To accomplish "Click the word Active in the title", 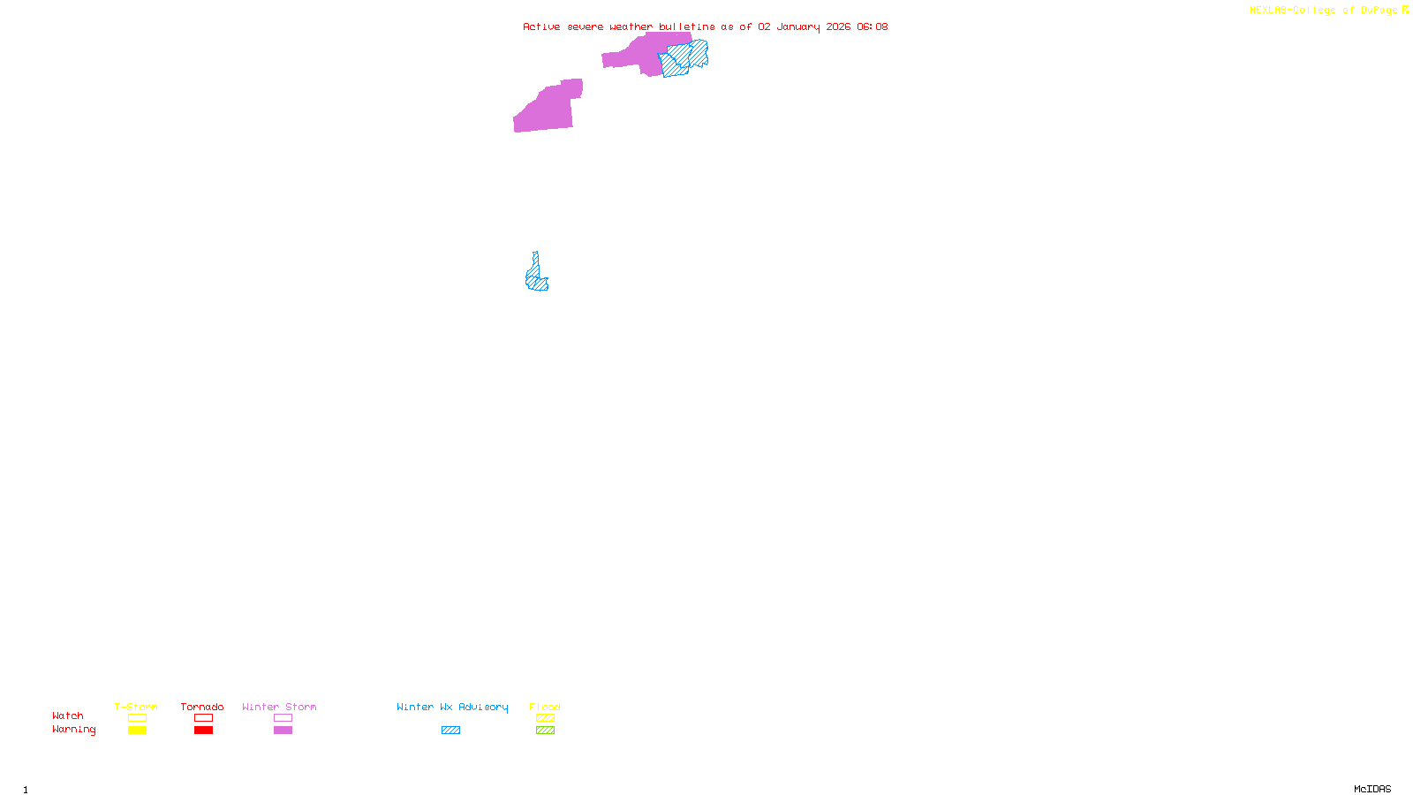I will coord(541,26).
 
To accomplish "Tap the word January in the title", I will coord(797,26).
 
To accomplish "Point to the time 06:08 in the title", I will coord(872,26).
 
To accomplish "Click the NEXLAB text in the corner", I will coord(1267,11).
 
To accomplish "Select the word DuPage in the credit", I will coord(1379,11).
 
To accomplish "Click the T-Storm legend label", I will coord(136,707).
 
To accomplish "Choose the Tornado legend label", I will coord(202,707).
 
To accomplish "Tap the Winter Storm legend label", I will coord(279,707).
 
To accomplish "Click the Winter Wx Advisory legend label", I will coord(452,707).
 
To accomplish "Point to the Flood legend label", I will coord(545,707).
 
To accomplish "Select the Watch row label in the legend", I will coord(68,715).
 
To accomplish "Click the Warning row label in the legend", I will coord(73,730).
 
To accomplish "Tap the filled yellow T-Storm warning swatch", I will coord(137,731).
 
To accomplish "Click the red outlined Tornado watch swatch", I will coord(203,718).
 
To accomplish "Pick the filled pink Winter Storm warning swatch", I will coord(283,731).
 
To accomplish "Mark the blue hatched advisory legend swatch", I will coord(450,731).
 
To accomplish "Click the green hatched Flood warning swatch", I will coord(545,731).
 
